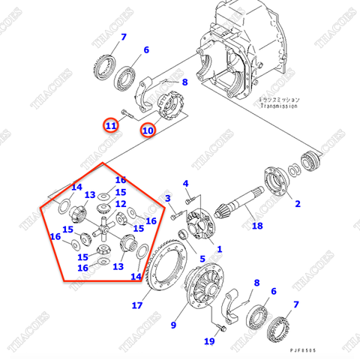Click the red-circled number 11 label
point(111,126)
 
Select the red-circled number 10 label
point(148,130)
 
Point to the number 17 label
point(137,305)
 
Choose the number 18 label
point(257,226)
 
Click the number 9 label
point(174,325)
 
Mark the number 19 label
point(209,342)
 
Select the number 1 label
point(219,248)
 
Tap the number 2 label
point(297,203)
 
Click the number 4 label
point(185,183)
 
